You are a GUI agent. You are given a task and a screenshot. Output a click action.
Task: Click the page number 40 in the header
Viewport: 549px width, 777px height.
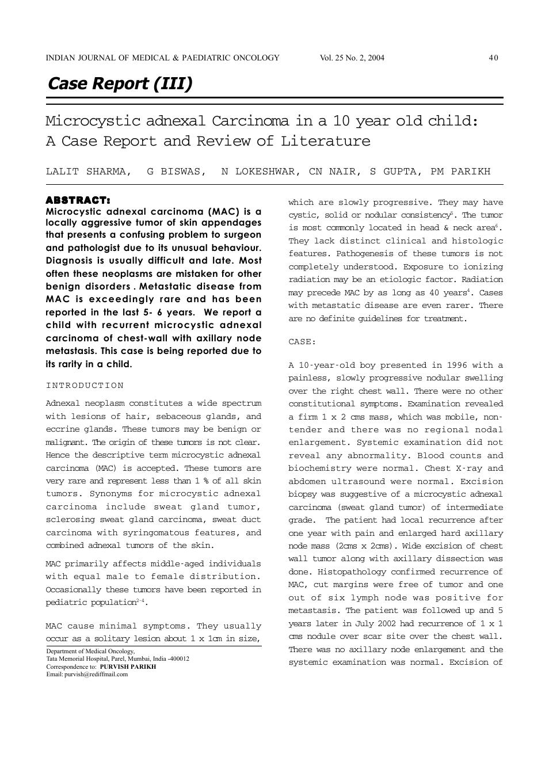(x=493, y=58)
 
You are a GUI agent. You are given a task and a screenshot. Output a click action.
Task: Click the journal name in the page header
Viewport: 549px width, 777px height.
(x=162, y=58)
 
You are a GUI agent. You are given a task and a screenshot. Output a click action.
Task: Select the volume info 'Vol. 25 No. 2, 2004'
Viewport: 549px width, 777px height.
(x=352, y=58)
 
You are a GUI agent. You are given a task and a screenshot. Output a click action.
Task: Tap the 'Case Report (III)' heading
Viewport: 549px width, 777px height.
(x=120, y=83)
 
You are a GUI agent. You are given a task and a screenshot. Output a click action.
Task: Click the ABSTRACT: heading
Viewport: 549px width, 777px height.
(x=78, y=200)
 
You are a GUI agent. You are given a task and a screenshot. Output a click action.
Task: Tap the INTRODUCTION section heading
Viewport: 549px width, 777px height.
(x=85, y=386)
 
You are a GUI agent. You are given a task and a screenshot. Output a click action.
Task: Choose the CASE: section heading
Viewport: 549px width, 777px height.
(x=302, y=342)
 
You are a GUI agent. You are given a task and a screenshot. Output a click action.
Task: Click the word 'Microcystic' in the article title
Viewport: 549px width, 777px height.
(x=93, y=121)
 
